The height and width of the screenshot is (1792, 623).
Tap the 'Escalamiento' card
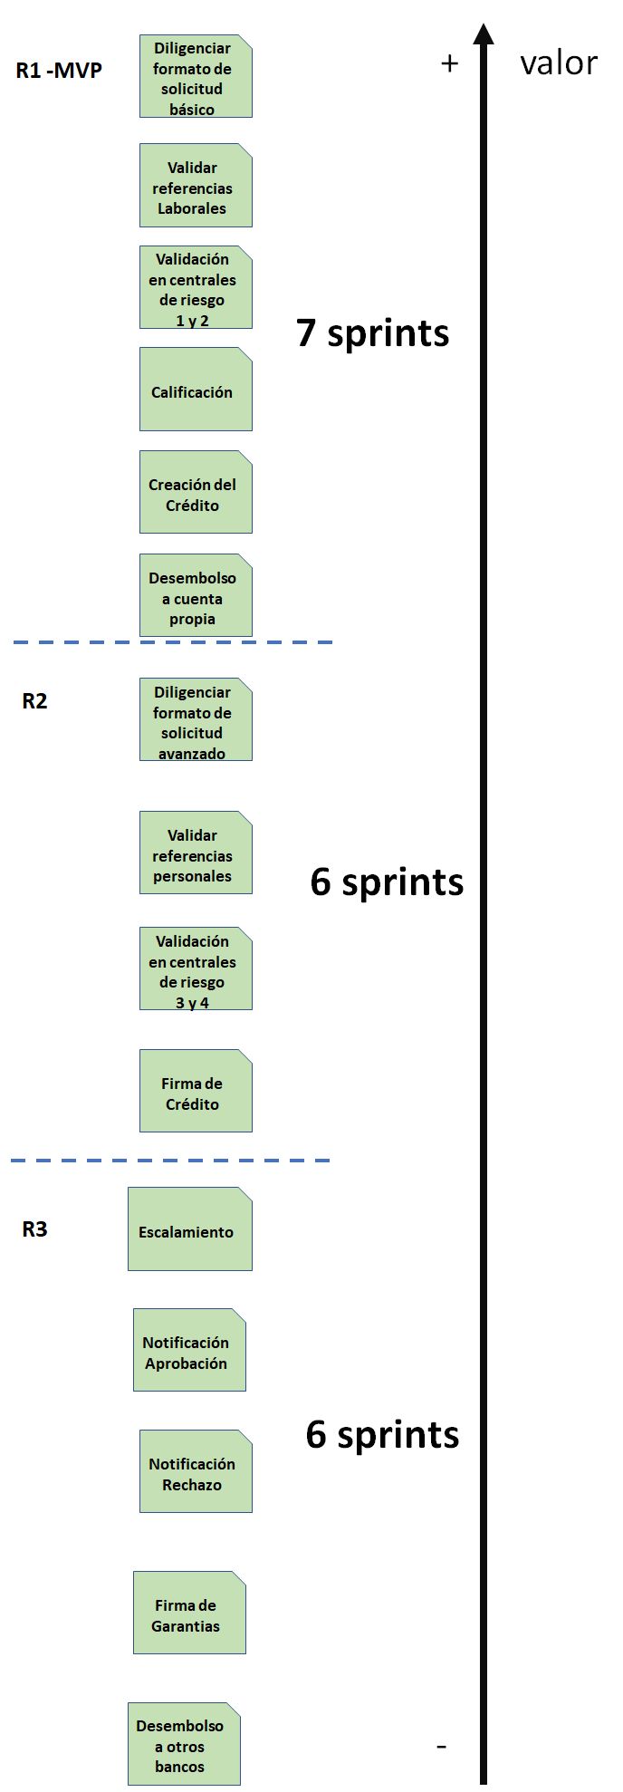[x=189, y=1229]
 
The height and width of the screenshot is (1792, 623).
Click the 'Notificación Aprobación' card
[x=189, y=1351]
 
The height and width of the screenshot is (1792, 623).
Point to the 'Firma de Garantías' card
[x=189, y=1614]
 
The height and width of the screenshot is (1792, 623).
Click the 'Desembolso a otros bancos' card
[x=184, y=1745]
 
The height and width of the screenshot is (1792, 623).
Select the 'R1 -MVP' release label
[x=59, y=70]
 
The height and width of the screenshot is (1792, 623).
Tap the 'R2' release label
[x=34, y=701]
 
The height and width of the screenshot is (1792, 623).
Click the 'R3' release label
[x=34, y=1229]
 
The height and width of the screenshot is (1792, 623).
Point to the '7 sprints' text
[x=372, y=333]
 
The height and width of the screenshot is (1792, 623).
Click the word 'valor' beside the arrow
[x=559, y=63]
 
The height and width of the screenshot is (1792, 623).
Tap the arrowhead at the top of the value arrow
[x=484, y=34]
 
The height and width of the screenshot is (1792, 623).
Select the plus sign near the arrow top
[x=449, y=63]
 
